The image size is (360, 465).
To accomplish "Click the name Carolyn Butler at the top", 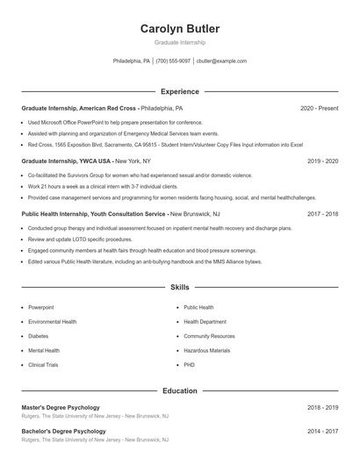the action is tap(180, 29).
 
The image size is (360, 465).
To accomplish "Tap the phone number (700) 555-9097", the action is tap(173, 61).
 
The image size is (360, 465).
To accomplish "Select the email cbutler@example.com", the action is tap(221, 61).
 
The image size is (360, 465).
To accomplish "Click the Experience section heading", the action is tap(180, 91).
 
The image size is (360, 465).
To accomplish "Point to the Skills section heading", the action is tap(180, 287).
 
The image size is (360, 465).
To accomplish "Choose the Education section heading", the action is tap(180, 390).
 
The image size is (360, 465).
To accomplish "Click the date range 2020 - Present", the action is tap(320, 108).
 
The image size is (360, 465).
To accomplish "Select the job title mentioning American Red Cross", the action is tap(102, 108).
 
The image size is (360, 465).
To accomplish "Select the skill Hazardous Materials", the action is tap(207, 350).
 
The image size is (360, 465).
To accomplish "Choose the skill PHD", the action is tap(189, 364).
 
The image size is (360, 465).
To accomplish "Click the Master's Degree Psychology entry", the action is tap(60, 407).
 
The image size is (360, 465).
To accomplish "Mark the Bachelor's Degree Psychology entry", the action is tap(63, 432).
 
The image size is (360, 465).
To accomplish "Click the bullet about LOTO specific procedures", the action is tap(80, 239).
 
